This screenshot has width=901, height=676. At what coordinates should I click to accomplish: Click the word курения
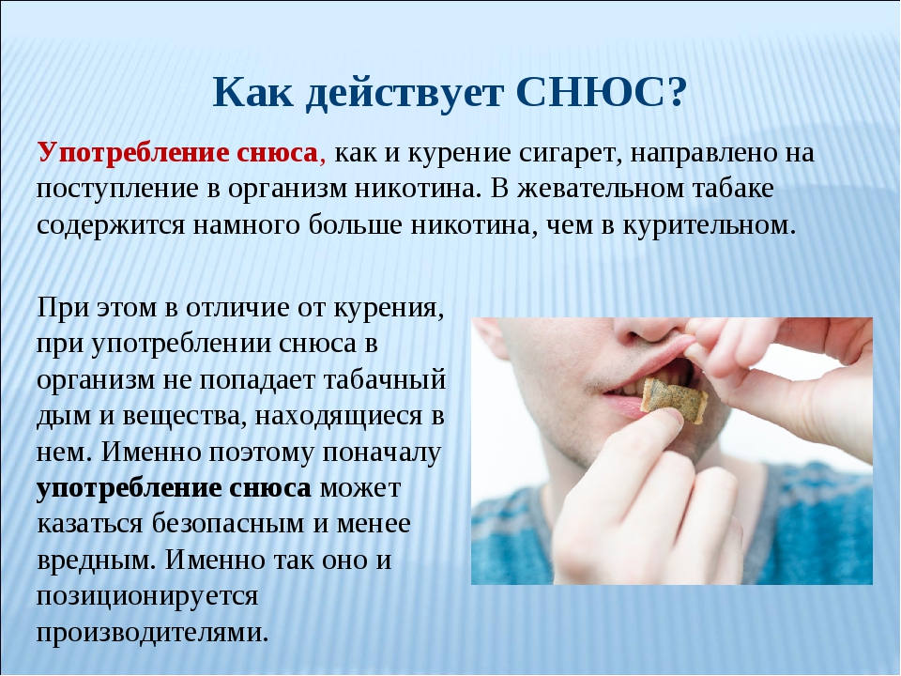click(389, 309)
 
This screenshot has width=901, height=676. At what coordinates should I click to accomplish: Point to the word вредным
click(97, 561)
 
